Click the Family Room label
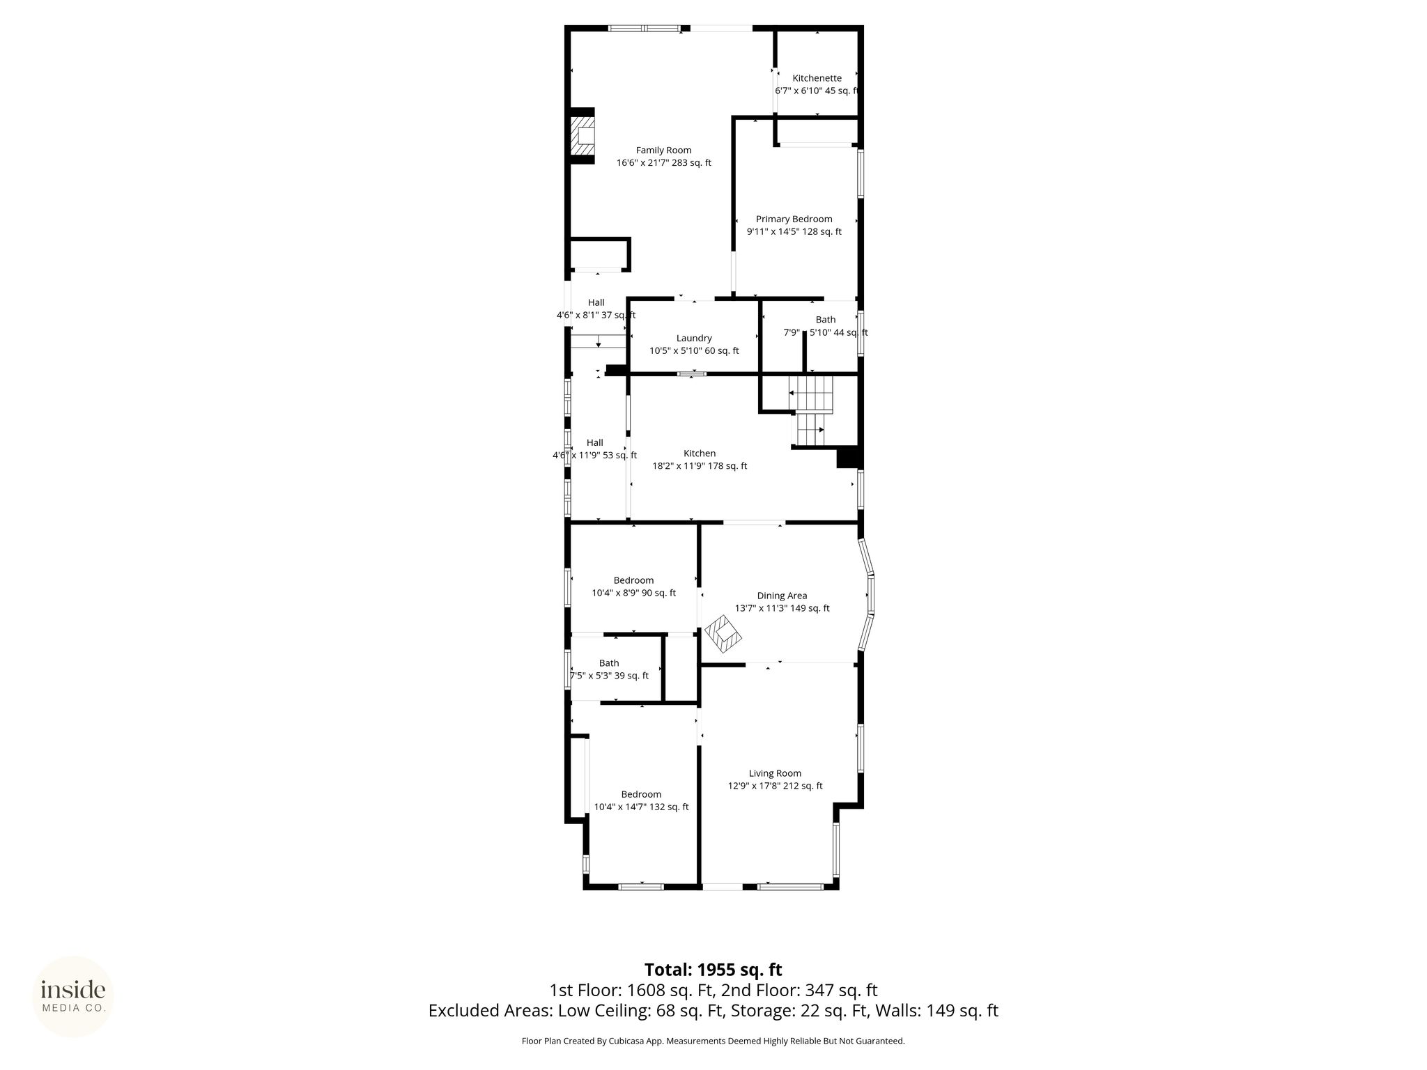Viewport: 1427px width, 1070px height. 663,150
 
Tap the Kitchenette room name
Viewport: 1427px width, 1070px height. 817,78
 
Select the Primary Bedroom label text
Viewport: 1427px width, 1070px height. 794,219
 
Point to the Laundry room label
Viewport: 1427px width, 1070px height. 694,339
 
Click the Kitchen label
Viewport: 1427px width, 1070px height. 700,453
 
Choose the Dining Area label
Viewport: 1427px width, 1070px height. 782,596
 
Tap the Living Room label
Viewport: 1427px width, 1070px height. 775,773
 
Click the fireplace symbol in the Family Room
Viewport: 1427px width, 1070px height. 583,137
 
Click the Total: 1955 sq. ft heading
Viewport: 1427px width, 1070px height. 713,970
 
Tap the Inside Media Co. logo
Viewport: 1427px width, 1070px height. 73,997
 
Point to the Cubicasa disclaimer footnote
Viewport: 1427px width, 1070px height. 713,1041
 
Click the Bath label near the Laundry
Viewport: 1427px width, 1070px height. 826,320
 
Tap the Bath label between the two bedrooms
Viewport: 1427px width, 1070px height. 609,663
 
